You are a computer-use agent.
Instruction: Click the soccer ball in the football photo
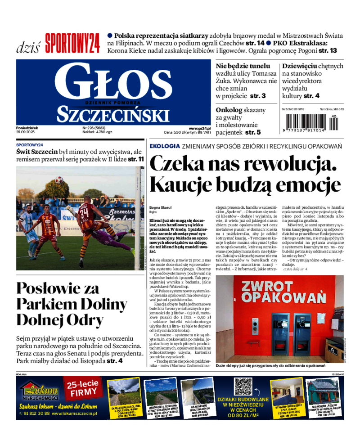tap(58, 180)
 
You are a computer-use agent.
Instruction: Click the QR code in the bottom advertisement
tap(243, 387)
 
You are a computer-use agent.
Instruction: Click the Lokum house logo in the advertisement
tap(39, 389)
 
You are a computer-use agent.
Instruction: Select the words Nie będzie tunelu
tap(243, 66)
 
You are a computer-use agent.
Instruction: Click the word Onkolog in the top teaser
tap(229, 110)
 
